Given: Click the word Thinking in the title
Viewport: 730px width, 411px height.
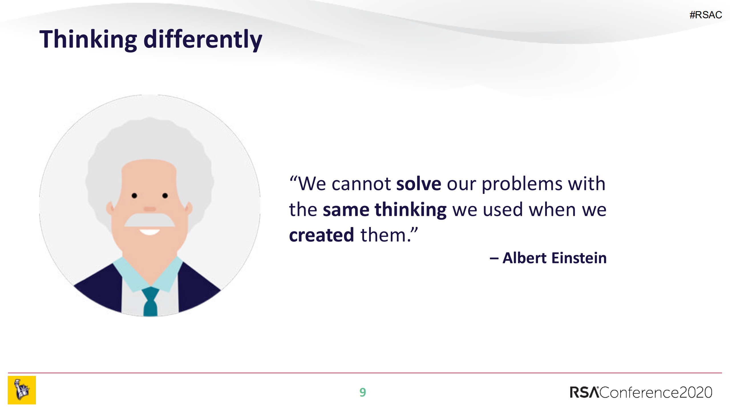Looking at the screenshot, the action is click(x=88, y=39).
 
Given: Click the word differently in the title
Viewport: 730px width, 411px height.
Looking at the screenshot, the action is click(x=203, y=39).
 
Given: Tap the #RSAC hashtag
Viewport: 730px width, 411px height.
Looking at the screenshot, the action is click(x=706, y=15).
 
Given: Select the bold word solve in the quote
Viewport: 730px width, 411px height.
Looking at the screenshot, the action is click(x=419, y=183).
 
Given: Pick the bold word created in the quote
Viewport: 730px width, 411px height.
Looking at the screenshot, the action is click(x=321, y=235).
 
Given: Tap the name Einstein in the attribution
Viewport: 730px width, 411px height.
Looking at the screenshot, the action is click(x=579, y=258).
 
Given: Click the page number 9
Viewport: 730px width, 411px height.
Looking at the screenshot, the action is click(x=363, y=392).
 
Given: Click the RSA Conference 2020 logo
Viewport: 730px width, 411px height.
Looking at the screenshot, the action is click(x=641, y=392).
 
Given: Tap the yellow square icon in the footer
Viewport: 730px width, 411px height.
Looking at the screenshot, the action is click(x=22, y=390).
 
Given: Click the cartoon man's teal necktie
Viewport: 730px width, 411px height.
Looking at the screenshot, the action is click(x=150, y=302).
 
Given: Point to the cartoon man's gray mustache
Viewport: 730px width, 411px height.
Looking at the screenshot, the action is click(x=149, y=220).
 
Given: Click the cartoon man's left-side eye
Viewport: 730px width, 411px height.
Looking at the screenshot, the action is click(x=134, y=196).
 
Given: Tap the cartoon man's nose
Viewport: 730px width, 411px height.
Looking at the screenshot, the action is click(x=150, y=209).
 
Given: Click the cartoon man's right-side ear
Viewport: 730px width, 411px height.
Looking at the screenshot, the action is click(x=189, y=208).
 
